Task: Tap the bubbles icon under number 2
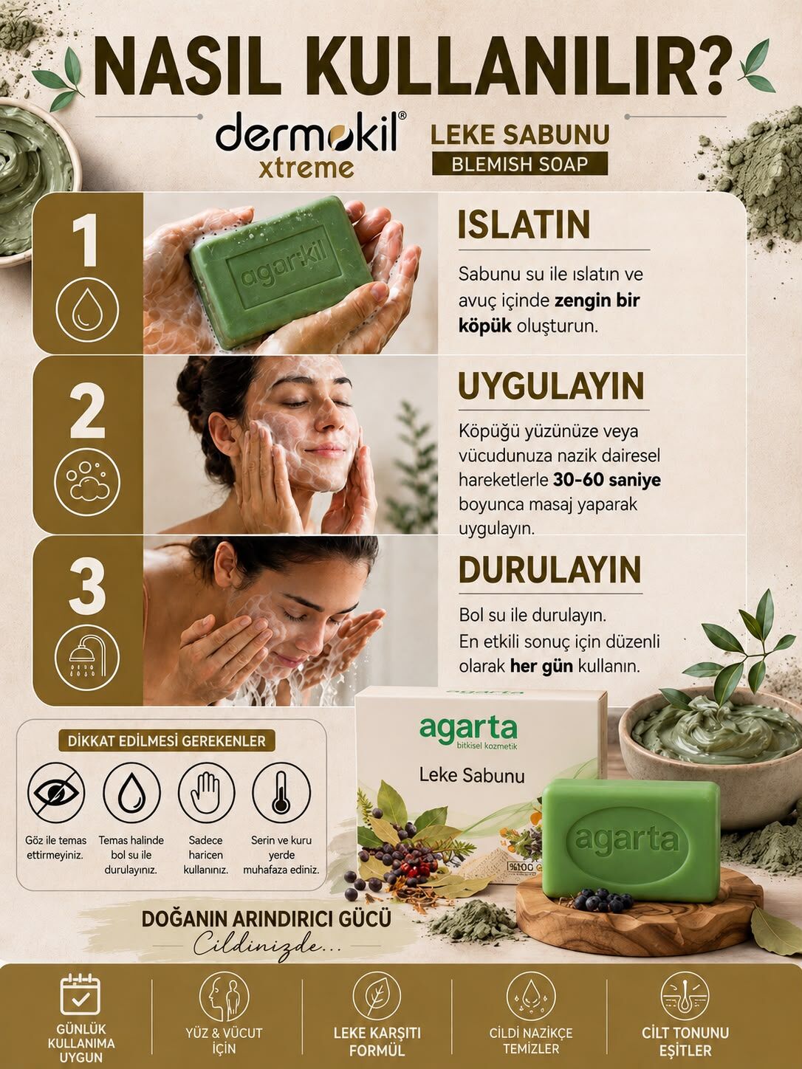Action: [87, 480]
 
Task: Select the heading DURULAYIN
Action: [549, 569]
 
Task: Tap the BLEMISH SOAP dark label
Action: [520, 164]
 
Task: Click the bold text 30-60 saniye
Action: [607, 480]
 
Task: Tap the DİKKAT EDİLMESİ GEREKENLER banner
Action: [167, 741]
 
